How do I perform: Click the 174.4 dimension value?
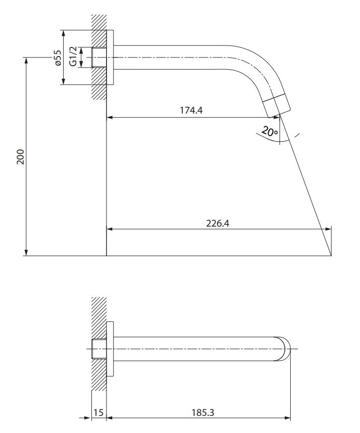191,111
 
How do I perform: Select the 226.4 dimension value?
218,223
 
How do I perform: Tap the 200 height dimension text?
21,157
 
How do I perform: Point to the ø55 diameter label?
57,58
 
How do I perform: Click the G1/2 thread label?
73,57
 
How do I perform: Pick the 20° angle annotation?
270,131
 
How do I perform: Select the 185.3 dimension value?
203,413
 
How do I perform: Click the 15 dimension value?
98,413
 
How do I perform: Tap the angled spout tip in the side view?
276,105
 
